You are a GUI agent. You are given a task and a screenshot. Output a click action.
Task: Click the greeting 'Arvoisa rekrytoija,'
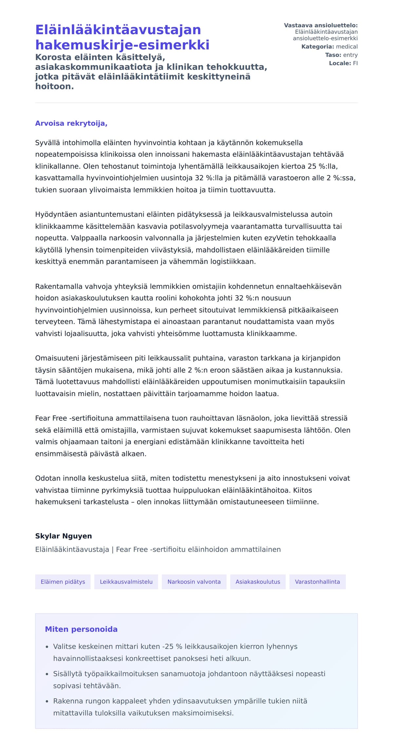(71, 123)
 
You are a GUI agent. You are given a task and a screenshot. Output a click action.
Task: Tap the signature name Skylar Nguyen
(64, 536)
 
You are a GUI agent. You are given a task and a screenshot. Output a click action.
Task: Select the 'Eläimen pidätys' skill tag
(63, 582)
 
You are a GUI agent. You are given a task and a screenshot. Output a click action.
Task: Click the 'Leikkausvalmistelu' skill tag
(126, 582)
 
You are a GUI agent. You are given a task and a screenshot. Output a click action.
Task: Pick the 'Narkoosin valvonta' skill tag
(194, 582)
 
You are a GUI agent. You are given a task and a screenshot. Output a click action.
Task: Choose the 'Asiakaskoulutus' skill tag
(258, 582)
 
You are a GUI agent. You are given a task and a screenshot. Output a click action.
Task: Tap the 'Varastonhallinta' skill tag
(317, 582)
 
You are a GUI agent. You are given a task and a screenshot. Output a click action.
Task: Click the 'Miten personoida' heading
(81, 629)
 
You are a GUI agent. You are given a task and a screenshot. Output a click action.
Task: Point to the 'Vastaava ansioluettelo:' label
(321, 25)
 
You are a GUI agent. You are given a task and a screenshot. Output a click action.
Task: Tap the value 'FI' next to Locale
(355, 63)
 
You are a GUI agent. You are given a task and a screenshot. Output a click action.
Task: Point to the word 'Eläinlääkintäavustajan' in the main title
(118, 30)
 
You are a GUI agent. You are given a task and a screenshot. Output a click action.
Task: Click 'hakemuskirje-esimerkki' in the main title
(122, 45)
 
